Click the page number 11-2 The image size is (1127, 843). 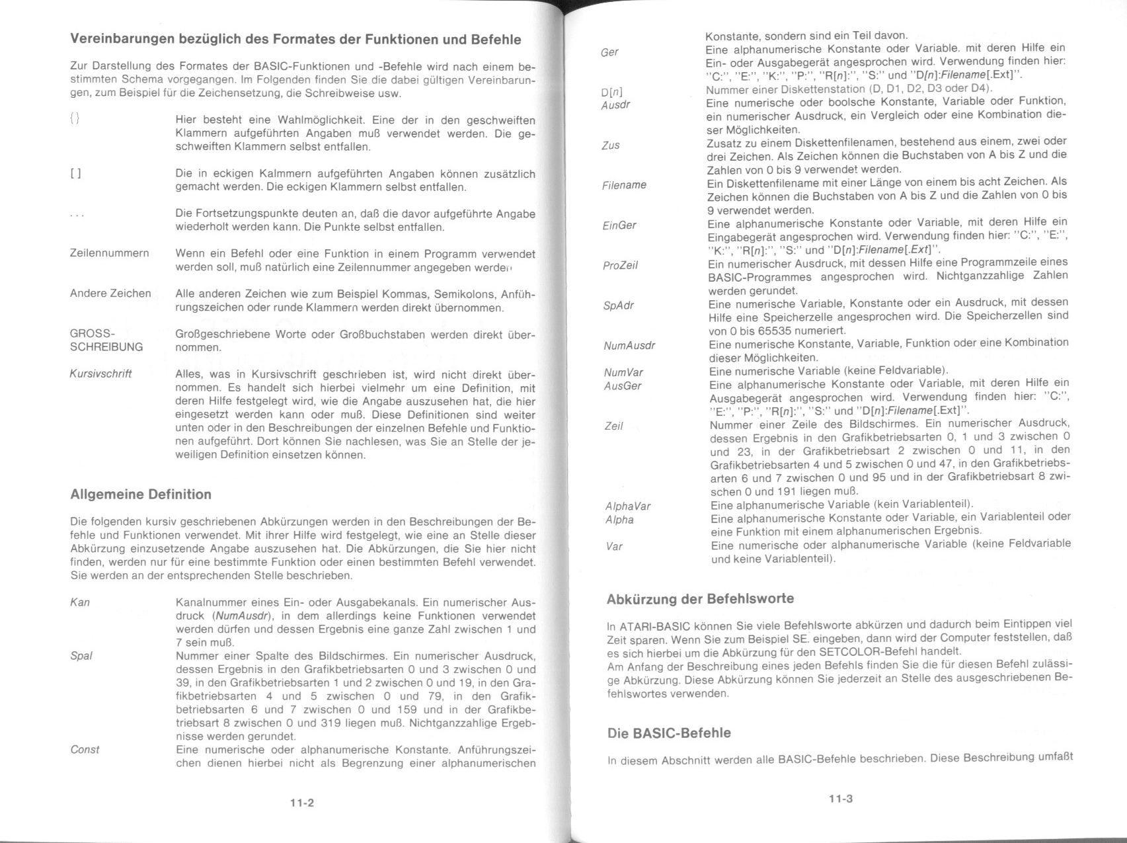pos(301,803)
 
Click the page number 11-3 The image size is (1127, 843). pos(841,799)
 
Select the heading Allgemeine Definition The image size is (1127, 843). pos(141,495)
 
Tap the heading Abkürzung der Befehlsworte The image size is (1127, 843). pos(700,599)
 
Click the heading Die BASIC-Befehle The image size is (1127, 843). pos(669,733)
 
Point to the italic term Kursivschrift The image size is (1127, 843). pos(100,374)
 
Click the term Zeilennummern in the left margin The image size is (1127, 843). pos(109,253)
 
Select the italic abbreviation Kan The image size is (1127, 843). pos(80,602)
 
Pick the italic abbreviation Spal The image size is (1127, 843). pos(81,656)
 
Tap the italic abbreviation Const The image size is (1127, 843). pos(85,750)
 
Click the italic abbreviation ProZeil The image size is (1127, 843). pos(620,265)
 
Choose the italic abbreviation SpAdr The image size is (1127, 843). pos(618,305)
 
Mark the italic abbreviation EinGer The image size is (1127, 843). pos(619,225)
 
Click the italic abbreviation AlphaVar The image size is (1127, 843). pos(628,506)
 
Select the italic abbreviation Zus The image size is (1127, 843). pos(611,145)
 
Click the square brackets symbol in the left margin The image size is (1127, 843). pos(75,174)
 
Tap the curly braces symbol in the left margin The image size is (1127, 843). pos(75,120)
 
